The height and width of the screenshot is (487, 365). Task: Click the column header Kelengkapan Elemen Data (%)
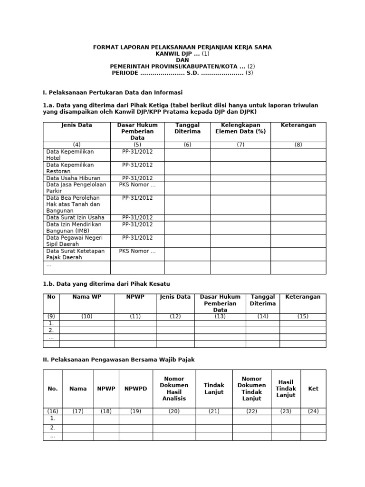pyautogui.click(x=240, y=128)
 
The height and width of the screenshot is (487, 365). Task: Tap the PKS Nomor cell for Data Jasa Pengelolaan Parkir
pyautogui.click(x=137, y=185)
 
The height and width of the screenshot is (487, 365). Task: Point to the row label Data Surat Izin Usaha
pyautogui.click(x=75, y=217)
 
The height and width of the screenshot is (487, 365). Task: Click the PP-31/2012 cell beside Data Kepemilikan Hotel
pyautogui.click(x=137, y=152)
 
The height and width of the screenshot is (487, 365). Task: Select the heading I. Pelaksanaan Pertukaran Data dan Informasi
pyautogui.click(x=113, y=92)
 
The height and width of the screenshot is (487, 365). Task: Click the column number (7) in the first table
pyautogui.click(x=240, y=145)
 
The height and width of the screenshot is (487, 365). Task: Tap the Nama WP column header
pyautogui.click(x=87, y=297)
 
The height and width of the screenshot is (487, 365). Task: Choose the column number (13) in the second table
pyautogui.click(x=220, y=316)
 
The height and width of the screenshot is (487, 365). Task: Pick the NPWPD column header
pyautogui.click(x=136, y=389)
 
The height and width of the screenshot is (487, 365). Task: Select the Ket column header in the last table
pyautogui.click(x=313, y=389)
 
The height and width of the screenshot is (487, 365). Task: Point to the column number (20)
pyautogui.click(x=174, y=411)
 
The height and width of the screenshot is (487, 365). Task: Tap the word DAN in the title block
pyautogui.click(x=182, y=60)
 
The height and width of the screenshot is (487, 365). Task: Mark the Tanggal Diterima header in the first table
pyautogui.click(x=187, y=128)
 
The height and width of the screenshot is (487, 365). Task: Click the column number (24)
pyautogui.click(x=313, y=411)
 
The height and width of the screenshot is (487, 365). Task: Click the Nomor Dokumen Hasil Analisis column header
pyautogui.click(x=174, y=389)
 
